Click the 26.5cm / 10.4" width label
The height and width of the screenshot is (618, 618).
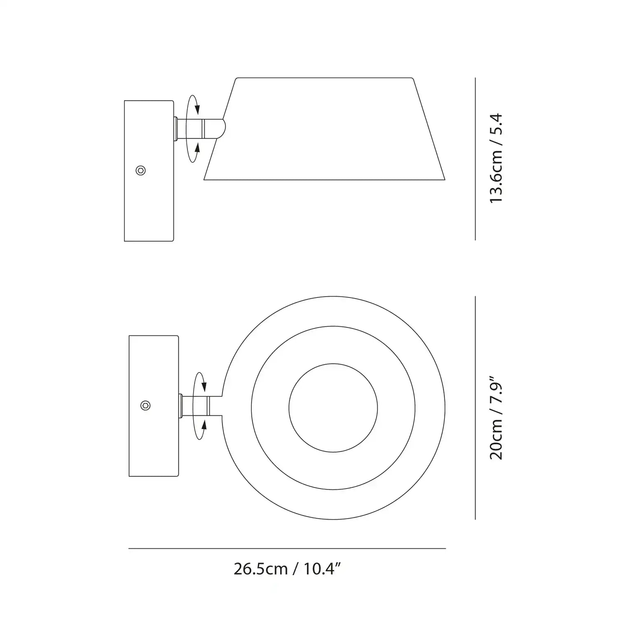coord(287,569)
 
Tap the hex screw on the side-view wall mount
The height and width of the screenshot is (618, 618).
coord(141,171)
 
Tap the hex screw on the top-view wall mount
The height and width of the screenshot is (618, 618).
coord(145,405)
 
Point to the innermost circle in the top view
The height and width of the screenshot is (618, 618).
coord(333,407)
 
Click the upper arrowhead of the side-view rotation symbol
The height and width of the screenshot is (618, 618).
coord(197,109)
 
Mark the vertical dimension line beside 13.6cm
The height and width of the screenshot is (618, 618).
coord(475,159)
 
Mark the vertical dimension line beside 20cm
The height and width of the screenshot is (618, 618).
coord(475,407)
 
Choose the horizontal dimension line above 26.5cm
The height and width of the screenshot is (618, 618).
coord(287,548)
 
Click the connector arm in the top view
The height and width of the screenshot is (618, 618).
coord(202,405)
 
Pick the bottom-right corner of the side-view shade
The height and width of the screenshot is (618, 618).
coord(444,179)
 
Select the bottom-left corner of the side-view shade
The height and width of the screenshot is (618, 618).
coord(205,179)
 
